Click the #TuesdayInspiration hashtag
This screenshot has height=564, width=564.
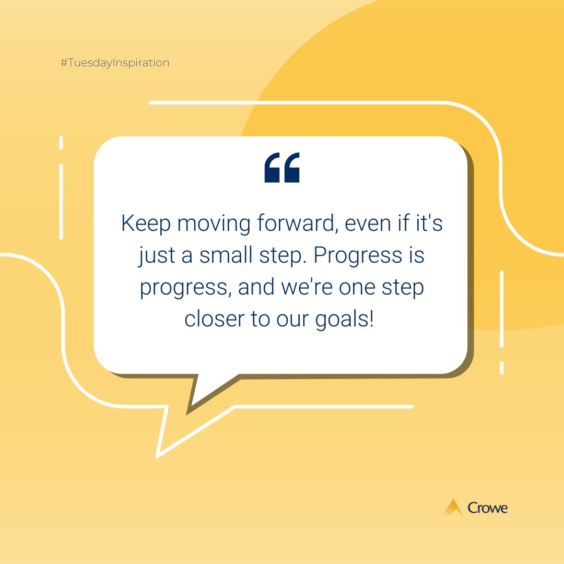pos(115,63)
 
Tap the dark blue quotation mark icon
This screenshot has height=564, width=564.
pos(282,168)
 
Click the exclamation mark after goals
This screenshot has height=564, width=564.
pos(371,319)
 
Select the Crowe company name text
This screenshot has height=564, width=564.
pos(488,508)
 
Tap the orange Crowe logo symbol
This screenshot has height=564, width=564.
pos(453,507)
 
